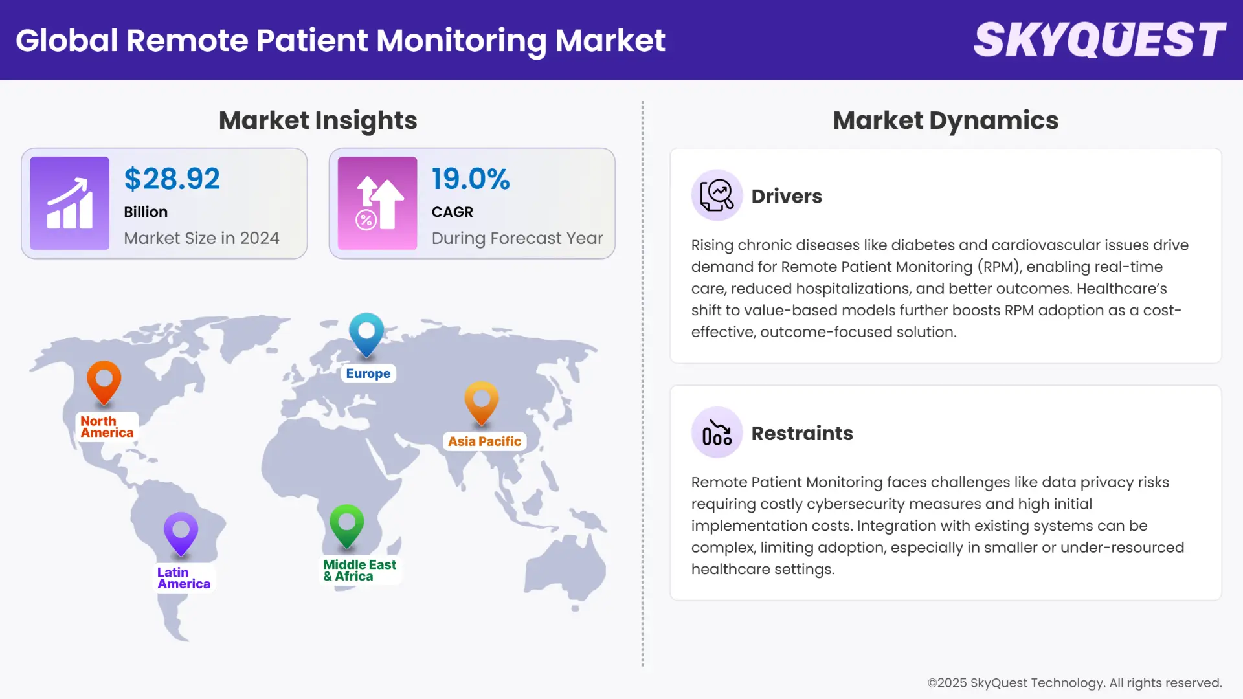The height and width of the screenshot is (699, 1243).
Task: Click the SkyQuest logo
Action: [1099, 40]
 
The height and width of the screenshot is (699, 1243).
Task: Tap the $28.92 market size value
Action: [172, 179]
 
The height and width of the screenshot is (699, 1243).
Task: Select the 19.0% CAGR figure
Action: [471, 179]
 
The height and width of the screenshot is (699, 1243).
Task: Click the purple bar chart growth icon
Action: [70, 203]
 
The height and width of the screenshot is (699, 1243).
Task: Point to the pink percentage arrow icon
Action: [377, 203]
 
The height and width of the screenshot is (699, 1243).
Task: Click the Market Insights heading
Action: [318, 120]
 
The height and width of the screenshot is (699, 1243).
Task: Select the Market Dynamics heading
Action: [945, 120]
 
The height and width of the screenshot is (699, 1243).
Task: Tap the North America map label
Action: [107, 427]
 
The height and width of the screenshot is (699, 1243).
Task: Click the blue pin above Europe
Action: [366, 333]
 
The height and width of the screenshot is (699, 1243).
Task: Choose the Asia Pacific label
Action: [484, 441]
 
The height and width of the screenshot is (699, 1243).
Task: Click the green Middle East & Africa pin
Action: [346, 524]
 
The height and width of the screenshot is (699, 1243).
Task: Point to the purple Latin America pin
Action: [181, 533]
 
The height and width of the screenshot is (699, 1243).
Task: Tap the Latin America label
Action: [184, 578]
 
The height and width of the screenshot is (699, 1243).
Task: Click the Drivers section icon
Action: [717, 195]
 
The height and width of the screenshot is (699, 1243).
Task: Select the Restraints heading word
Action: [802, 433]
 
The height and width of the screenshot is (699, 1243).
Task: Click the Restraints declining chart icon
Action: [717, 432]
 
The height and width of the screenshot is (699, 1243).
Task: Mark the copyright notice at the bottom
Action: [1075, 683]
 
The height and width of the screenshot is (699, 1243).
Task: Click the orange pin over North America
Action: [104, 381]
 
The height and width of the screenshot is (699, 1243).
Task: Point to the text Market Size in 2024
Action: [201, 238]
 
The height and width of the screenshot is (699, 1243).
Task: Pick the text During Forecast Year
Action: [517, 238]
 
